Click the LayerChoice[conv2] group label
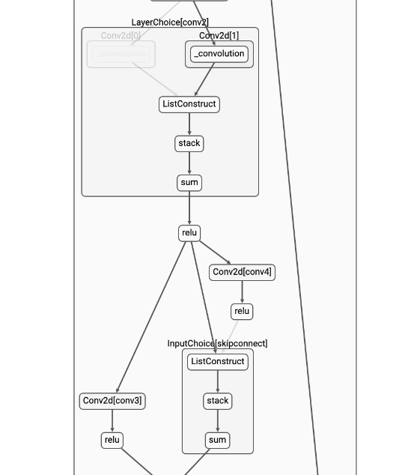tap(170, 22)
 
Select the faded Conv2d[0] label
tap(121, 36)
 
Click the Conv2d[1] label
tap(219, 36)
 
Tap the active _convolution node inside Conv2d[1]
tap(219, 54)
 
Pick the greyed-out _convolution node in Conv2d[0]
tap(121, 54)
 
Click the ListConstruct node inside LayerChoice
tap(189, 104)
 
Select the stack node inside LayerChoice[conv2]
tap(189, 143)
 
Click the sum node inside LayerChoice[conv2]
tap(189, 182)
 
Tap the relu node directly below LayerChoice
tap(189, 233)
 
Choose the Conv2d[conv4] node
tap(242, 272)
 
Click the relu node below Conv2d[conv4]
tap(242, 311)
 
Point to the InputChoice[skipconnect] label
tap(217, 343)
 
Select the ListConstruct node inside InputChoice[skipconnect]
tap(218, 361)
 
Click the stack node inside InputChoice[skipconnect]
tap(218, 401)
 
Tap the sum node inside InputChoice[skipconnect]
tap(218, 440)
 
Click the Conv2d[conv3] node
tap(112, 401)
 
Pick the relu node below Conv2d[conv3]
tap(112, 440)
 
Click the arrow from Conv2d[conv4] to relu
tap(242, 291)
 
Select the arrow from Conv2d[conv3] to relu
tap(112, 420)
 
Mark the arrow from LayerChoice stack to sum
tap(189, 163)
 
